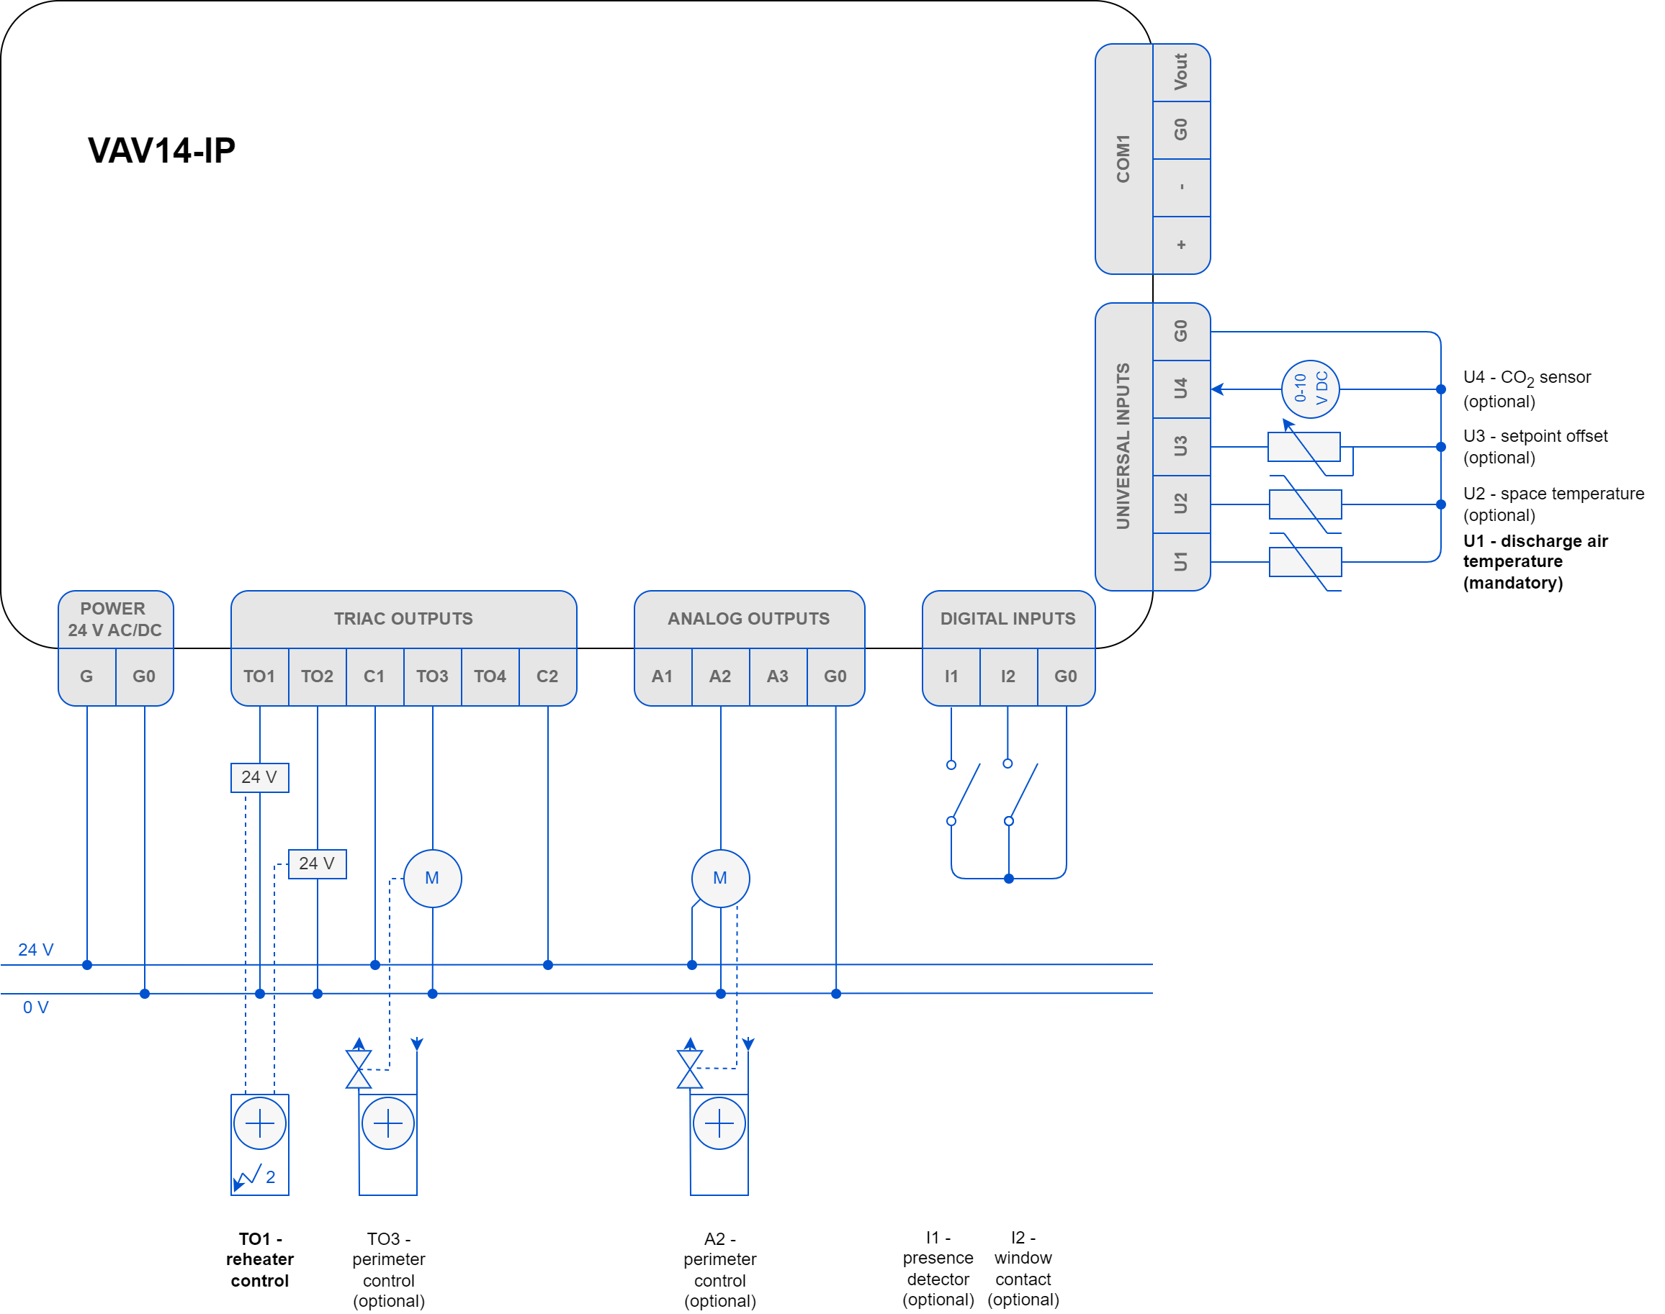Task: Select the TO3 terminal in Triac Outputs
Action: pyautogui.click(x=432, y=676)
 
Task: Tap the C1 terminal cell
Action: pyautogui.click(x=374, y=676)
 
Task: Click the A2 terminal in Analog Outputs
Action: pyautogui.click(x=719, y=676)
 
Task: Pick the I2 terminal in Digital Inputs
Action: pyautogui.click(x=1007, y=676)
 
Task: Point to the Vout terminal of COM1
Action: pyautogui.click(x=1181, y=72)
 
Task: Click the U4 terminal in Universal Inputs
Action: pyautogui.click(x=1181, y=389)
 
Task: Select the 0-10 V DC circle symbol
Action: pyautogui.click(x=1310, y=389)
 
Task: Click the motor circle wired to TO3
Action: pyautogui.click(x=432, y=878)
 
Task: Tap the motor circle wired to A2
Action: pyautogui.click(x=719, y=878)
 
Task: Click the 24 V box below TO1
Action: pyautogui.click(x=259, y=777)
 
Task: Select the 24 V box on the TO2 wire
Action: pyautogui.click(x=317, y=864)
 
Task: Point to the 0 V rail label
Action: pyautogui.click(x=35, y=1007)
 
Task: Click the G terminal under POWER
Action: pyautogui.click(x=86, y=676)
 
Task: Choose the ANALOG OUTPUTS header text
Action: pyautogui.click(x=748, y=619)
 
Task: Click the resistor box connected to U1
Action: pyautogui.click(x=1305, y=561)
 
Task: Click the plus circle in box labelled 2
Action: pyautogui.click(x=259, y=1123)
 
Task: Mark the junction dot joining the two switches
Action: pyautogui.click(x=1008, y=879)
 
